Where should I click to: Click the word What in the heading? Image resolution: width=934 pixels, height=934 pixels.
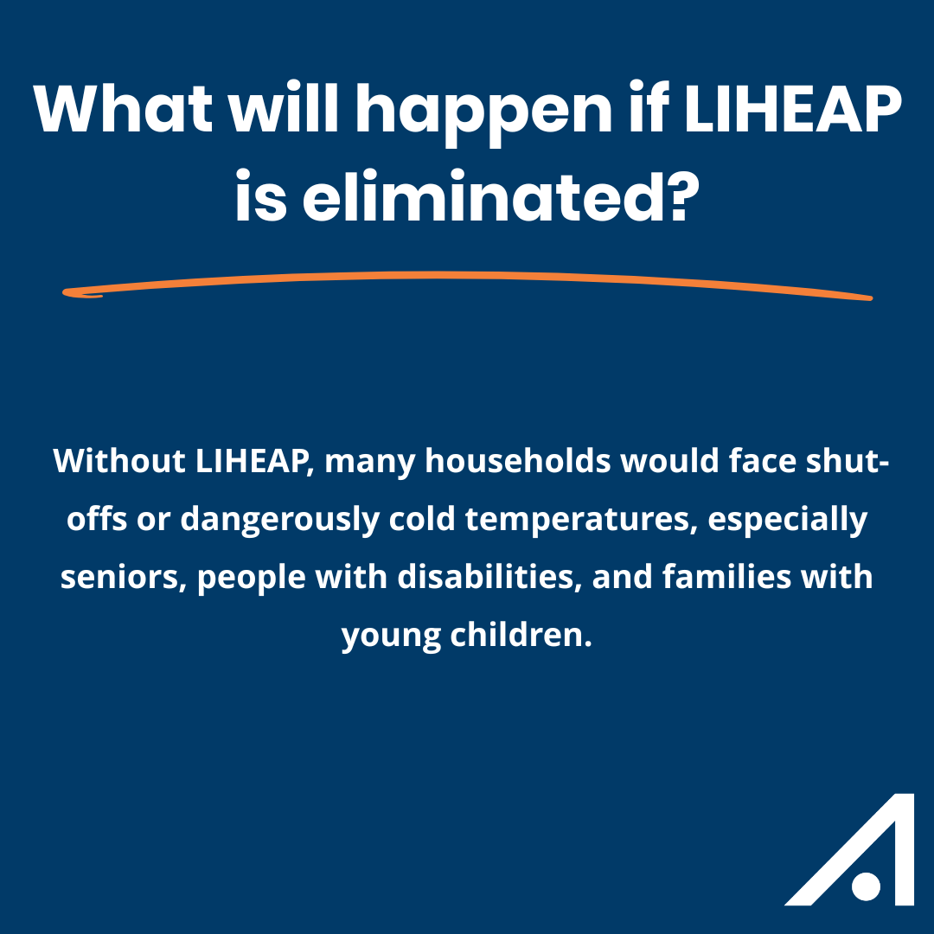[123, 109]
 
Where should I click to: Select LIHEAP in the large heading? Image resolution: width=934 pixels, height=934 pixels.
[792, 109]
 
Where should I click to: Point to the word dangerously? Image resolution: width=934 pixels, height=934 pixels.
[280, 520]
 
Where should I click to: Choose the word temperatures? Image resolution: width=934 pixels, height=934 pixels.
[581, 520]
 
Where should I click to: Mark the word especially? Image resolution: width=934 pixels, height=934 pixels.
[788, 520]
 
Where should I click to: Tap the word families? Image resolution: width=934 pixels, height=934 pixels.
[726, 576]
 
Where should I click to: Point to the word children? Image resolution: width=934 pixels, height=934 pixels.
[521, 635]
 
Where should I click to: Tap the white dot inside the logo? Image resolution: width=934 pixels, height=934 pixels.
[866, 886]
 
